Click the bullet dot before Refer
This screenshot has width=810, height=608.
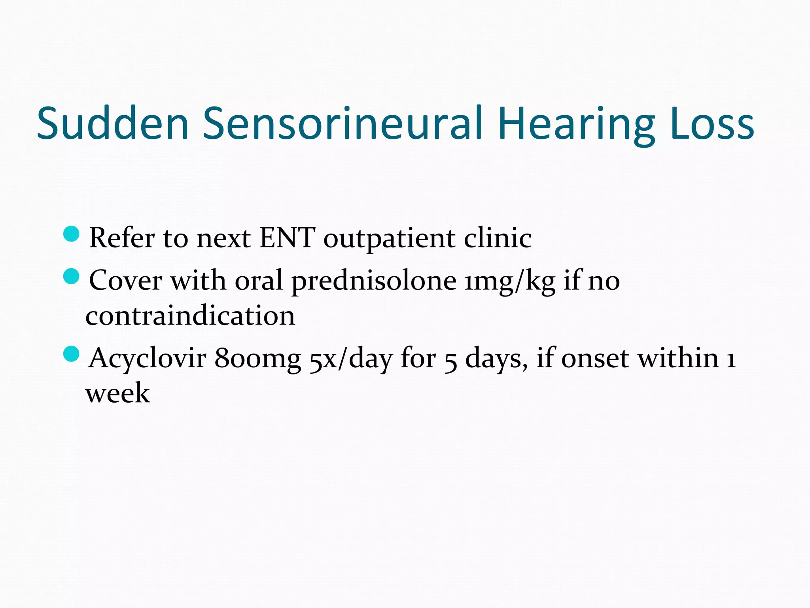(71, 234)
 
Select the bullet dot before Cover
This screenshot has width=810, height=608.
(71, 276)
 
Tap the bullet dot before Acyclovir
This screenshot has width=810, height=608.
(71, 353)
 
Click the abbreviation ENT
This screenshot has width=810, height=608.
(287, 238)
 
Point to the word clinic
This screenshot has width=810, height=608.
(498, 238)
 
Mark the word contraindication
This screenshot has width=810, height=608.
(190, 316)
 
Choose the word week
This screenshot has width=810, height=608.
(118, 393)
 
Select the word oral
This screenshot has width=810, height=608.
(259, 280)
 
